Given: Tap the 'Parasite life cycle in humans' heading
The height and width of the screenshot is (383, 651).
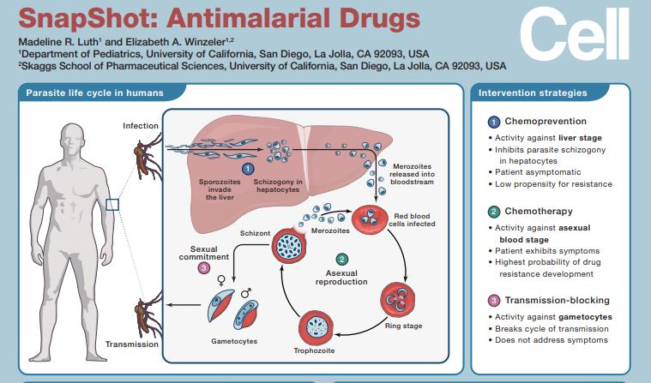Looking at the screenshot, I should (x=94, y=93).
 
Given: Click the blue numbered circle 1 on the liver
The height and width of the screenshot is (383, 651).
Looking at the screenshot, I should (x=248, y=170).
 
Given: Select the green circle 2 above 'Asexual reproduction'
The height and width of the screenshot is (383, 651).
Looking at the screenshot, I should (x=342, y=259).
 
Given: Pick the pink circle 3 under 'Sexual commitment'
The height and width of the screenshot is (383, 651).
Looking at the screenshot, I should (x=203, y=268).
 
